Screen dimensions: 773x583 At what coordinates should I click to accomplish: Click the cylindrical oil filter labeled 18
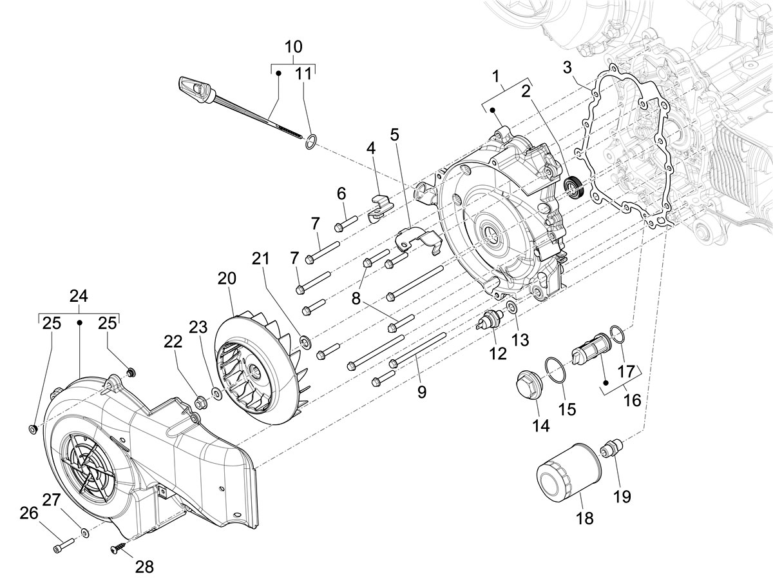pos(567,474)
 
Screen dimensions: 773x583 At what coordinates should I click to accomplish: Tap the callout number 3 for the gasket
pos(567,67)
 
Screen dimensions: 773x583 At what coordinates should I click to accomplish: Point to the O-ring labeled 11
pos(310,143)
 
